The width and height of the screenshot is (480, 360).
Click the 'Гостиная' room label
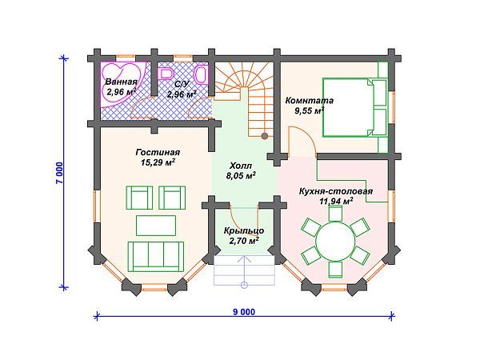(158, 153)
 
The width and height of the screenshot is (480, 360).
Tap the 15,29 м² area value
(158, 162)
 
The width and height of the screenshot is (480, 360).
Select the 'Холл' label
(241, 166)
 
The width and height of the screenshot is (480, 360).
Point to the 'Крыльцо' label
(244, 231)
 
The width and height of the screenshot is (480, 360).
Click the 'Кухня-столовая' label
(336, 192)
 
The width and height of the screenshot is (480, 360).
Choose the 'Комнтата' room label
(310, 101)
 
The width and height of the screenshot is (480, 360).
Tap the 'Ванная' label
(121, 82)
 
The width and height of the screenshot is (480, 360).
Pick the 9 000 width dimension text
(244, 312)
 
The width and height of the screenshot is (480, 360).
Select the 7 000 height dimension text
(59, 173)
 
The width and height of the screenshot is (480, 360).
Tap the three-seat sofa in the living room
(156, 257)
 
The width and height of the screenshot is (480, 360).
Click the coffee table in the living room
(156, 226)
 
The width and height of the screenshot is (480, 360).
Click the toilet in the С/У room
(202, 74)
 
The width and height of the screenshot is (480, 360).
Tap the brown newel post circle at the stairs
(265, 136)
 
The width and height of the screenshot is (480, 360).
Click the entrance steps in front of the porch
(244, 270)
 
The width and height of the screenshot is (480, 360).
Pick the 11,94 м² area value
(336, 202)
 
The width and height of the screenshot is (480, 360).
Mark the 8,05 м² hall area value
(242, 176)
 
